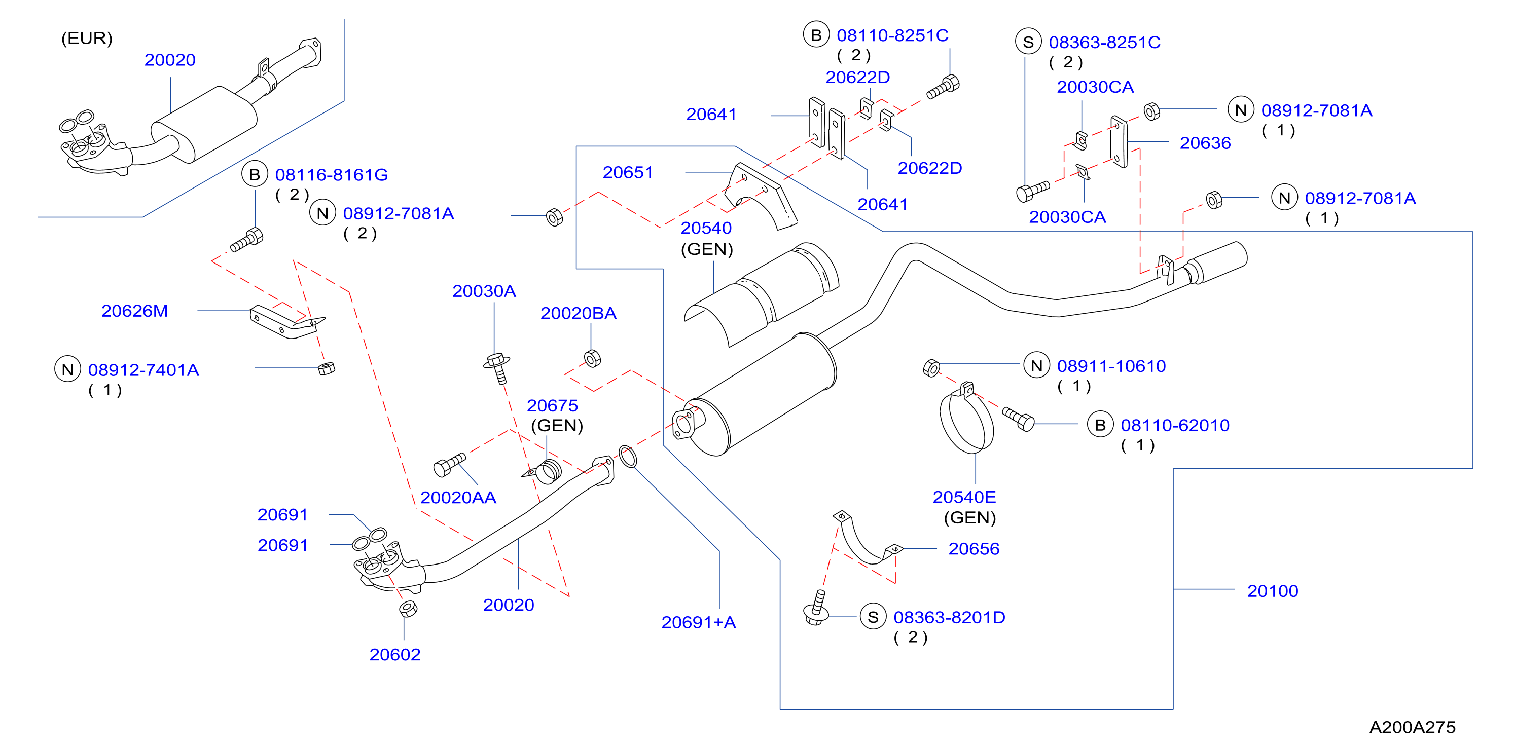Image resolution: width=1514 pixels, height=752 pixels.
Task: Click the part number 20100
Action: point(1273,591)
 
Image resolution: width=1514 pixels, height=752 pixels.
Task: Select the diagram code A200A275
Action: point(1412,727)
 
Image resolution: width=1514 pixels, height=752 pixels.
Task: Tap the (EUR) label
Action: point(87,38)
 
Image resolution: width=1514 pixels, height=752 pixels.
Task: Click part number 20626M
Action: point(134,311)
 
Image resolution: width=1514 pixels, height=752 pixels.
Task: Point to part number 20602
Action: point(395,655)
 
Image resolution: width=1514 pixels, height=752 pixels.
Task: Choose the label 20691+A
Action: point(699,622)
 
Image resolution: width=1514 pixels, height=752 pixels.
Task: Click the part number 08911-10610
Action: point(1111,366)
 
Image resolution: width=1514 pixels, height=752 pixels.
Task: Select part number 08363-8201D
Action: point(949,618)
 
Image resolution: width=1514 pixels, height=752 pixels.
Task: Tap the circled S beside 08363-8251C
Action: point(1028,42)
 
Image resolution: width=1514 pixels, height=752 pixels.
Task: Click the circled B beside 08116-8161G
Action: point(255,174)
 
